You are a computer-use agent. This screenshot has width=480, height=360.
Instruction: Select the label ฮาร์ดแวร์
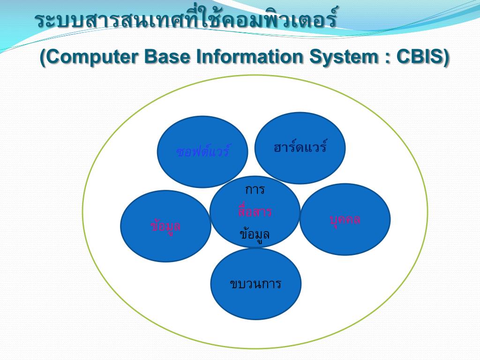[300, 147]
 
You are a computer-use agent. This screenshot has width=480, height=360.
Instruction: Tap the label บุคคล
[345, 219]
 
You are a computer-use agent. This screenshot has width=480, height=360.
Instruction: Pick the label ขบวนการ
[255, 284]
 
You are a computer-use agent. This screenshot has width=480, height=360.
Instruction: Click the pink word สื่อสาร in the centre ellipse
[255, 211]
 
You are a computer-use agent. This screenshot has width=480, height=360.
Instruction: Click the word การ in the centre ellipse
[255, 190]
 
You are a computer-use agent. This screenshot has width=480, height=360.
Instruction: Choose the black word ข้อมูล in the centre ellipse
[255, 233]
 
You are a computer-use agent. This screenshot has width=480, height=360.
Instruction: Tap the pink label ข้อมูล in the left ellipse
[165, 226]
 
